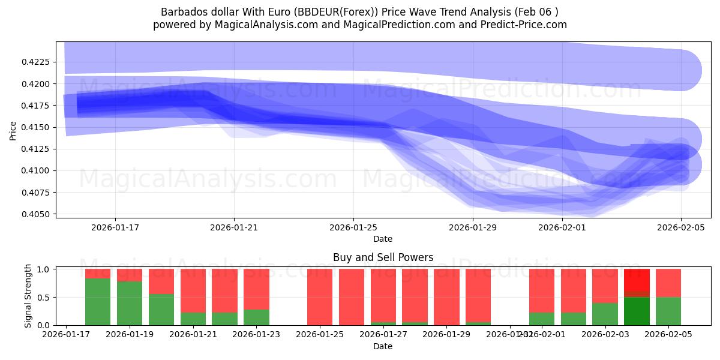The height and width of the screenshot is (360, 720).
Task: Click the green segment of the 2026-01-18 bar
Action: coord(98,301)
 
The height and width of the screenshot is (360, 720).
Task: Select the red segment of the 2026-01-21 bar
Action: coord(193,290)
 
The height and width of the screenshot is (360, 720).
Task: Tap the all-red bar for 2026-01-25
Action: coord(320,297)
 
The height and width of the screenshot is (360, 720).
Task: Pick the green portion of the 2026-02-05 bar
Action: coord(668,311)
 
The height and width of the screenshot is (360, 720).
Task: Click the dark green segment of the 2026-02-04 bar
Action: coord(637,311)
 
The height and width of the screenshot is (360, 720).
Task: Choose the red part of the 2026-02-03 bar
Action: coord(605,286)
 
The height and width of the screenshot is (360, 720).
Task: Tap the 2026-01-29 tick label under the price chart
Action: coord(473,227)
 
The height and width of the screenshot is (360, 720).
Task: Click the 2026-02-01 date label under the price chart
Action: coord(562,227)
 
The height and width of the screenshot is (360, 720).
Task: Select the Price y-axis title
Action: coord(13,130)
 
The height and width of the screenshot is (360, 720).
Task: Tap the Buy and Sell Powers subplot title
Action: coord(383,257)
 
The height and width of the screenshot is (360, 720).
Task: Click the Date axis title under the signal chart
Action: coord(383,346)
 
